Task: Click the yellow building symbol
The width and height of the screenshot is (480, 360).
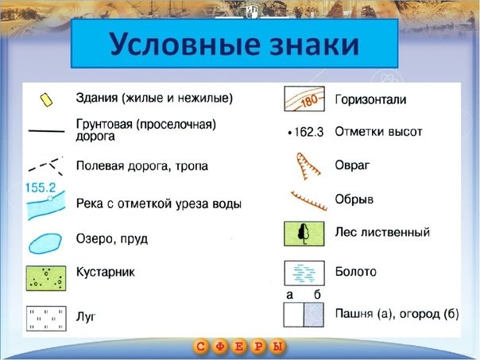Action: pos(46,100)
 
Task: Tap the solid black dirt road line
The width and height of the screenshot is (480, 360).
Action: pos(46,130)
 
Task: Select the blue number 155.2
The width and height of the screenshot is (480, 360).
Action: pos(41,188)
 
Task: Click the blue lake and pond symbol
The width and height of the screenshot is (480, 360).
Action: pos(45,243)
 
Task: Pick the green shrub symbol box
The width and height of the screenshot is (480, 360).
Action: pos(46,278)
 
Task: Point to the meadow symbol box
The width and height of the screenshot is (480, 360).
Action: pos(46,319)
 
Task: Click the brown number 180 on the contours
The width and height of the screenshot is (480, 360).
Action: pos(309,101)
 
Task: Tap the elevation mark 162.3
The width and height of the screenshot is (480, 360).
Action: pos(306,132)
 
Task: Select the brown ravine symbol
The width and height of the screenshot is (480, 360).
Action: pos(307,166)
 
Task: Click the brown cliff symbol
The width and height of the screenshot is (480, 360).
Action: pos(308,201)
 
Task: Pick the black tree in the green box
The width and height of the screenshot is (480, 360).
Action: pos(304,234)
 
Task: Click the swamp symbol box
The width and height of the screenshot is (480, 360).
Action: pos(304,273)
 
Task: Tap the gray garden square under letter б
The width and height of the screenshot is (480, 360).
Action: pos(314,315)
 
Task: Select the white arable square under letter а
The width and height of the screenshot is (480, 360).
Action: pos(293,315)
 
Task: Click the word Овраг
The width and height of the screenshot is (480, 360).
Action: pos(352,165)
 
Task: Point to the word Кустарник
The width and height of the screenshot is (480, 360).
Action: pos(106,272)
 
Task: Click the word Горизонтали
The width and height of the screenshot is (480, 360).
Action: pos(370,100)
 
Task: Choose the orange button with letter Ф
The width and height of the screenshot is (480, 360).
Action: pos(220,346)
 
